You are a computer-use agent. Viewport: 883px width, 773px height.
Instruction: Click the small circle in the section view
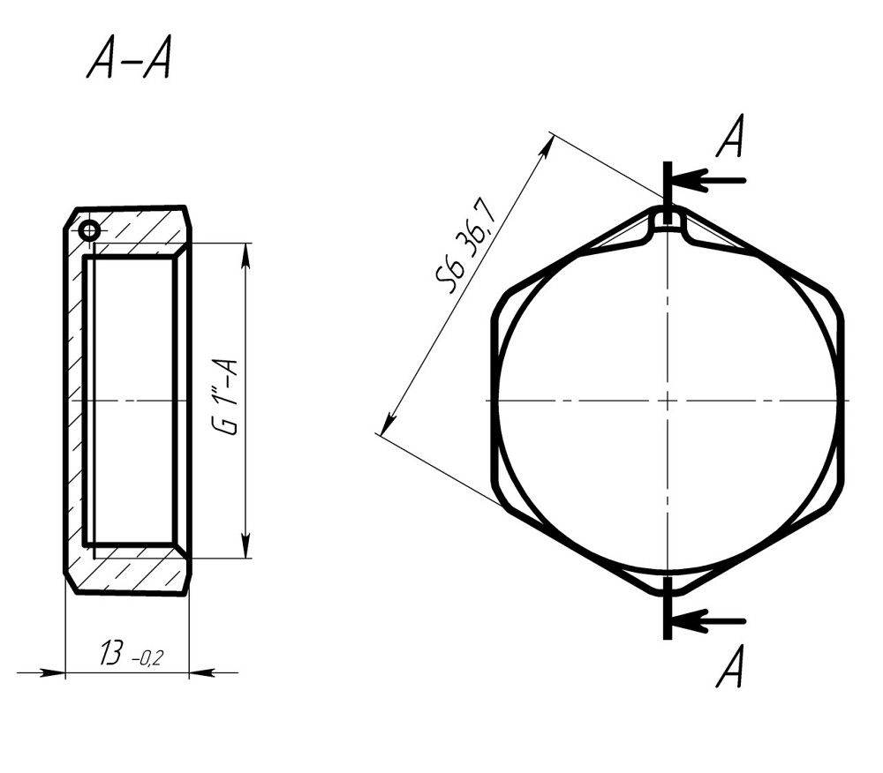(89, 230)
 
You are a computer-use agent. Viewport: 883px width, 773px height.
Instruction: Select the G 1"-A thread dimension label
(226, 396)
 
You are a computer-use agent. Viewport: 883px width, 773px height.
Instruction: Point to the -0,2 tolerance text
(147, 657)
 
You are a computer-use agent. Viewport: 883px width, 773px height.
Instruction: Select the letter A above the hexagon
(730, 136)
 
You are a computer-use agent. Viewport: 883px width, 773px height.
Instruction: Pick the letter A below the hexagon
(730, 666)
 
